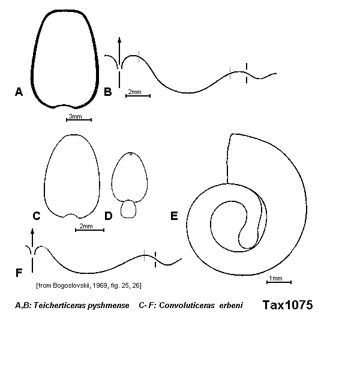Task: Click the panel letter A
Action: tap(19, 92)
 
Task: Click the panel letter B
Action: tap(107, 92)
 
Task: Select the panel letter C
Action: tap(37, 216)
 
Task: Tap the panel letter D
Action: tap(109, 216)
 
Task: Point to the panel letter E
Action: tap(174, 216)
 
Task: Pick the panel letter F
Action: tap(19, 273)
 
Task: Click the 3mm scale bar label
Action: tap(75, 116)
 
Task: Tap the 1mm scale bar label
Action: tap(275, 278)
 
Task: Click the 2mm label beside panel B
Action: tap(134, 92)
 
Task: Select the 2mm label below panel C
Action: tap(86, 226)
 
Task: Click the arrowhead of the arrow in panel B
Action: tap(119, 40)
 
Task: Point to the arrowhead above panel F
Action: tap(32, 231)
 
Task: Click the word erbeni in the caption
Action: tap(231, 306)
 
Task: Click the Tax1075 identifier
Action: tap(287, 305)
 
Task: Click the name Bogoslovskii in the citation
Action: tap(72, 286)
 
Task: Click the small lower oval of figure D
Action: tap(128, 209)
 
